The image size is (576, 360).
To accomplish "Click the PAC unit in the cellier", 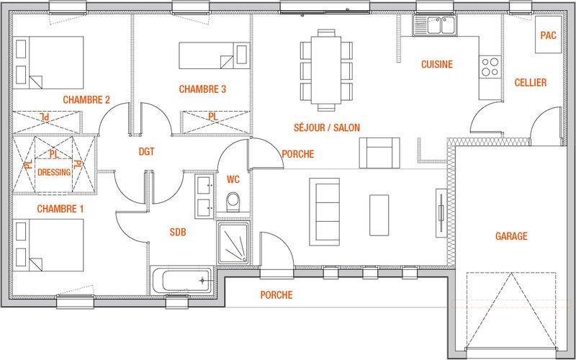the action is pos(548,35).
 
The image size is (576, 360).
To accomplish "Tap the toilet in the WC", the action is pos(233,202).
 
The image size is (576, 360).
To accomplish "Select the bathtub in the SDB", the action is pos(181,281).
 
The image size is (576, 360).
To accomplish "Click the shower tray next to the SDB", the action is pos(233,243).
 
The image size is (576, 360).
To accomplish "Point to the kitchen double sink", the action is pos(435,25).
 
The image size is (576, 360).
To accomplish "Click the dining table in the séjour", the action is pos(326,70).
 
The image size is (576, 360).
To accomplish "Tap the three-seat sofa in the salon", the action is pos(325,212).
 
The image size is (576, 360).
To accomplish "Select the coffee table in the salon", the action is pos(379,215).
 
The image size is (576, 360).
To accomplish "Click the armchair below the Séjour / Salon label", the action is pos(379,153).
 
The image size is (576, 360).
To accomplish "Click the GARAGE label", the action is pos(511,236).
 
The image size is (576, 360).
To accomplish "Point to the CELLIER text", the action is pos(531,83).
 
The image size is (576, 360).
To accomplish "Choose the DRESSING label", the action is pos(54,172).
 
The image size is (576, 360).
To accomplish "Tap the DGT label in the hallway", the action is pos(147,151).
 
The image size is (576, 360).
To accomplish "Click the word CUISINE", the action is pos(437,64).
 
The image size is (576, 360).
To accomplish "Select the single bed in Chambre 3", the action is pos(214,55).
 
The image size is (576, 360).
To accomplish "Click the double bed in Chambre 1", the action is pos(48,245).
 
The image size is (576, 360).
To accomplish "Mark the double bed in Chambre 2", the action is pos(48,63).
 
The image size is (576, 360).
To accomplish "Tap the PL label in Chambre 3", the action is pos(213,117).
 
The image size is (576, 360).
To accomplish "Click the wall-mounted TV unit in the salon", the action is pos(441,213).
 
